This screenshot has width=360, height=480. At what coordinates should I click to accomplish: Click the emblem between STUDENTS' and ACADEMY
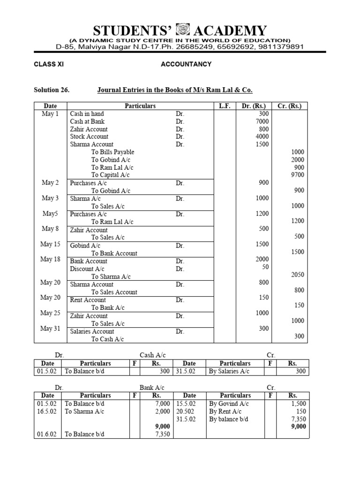coord(180,31)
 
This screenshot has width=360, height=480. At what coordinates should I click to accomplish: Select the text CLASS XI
coord(48,64)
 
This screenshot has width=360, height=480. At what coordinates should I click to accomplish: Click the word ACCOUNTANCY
coord(186,64)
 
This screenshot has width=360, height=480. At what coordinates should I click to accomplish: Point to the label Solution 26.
coord(52,90)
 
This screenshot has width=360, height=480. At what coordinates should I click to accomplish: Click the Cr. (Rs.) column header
coord(289,106)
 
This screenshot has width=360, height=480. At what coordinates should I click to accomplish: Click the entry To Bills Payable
coord(112,152)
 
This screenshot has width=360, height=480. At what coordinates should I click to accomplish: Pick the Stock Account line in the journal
coord(89,136)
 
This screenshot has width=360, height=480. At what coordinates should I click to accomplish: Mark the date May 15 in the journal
coord(50,244)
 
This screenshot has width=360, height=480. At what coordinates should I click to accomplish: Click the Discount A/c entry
coord(87,269)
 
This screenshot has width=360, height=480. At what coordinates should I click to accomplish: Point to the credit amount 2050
coord(297,275)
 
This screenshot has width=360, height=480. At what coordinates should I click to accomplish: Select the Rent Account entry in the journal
coord(88,300)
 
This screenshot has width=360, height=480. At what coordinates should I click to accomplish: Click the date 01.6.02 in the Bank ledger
coord(47,434)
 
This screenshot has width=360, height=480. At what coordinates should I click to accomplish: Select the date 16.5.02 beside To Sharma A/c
coord(47,411)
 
